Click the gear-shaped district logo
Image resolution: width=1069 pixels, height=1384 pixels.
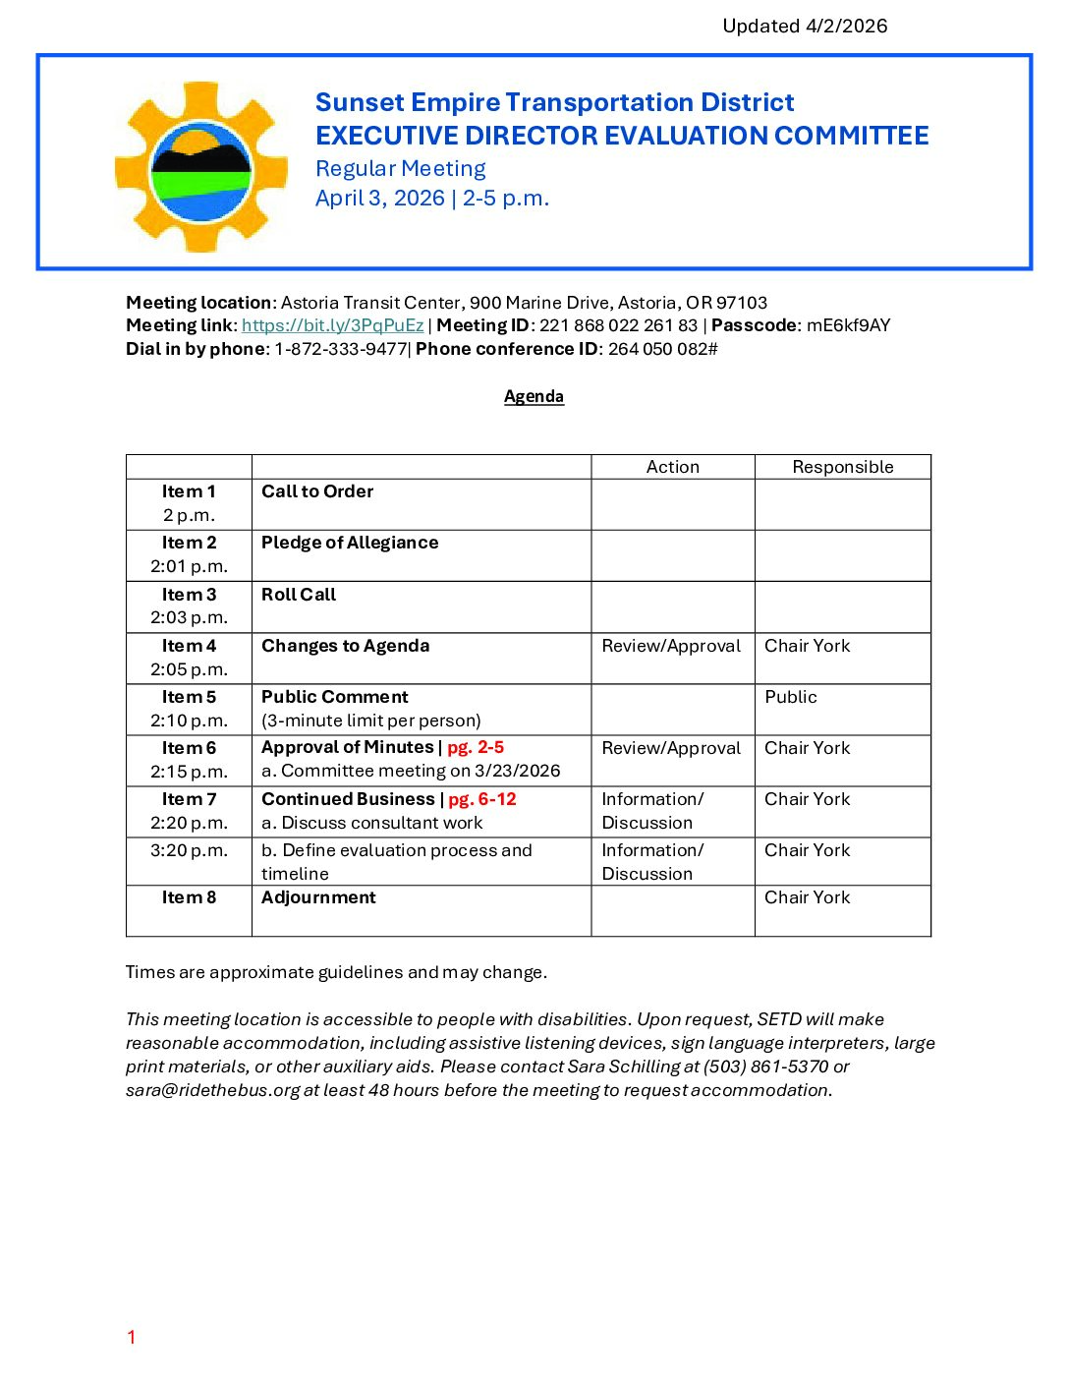point(200,167)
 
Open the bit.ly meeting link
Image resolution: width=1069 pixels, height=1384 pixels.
point(332,325)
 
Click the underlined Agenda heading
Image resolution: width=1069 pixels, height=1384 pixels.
point(534,396)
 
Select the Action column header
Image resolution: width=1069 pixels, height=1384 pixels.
point(672,467)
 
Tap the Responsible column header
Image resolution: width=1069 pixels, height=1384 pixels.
point(842,467)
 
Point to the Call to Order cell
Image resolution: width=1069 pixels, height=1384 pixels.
point(317,491)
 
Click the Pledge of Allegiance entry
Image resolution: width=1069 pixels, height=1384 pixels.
point(350,543)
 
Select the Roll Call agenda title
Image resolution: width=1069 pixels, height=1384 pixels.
point(299,595)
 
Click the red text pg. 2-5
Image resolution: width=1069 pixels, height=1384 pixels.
point(476,748)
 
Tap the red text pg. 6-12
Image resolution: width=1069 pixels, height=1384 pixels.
point(481,799)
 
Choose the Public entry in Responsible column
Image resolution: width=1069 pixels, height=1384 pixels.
point(791,697)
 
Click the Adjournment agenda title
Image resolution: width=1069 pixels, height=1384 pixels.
point(318,897)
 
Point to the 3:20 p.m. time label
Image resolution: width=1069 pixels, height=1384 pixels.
point(189,850)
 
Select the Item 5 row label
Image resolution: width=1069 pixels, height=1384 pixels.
point(189,697)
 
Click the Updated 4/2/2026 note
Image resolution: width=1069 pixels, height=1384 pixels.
point(805,27)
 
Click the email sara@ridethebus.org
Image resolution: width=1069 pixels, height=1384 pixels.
point(212,1090)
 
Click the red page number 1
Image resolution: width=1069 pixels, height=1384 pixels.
point(131,1337)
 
